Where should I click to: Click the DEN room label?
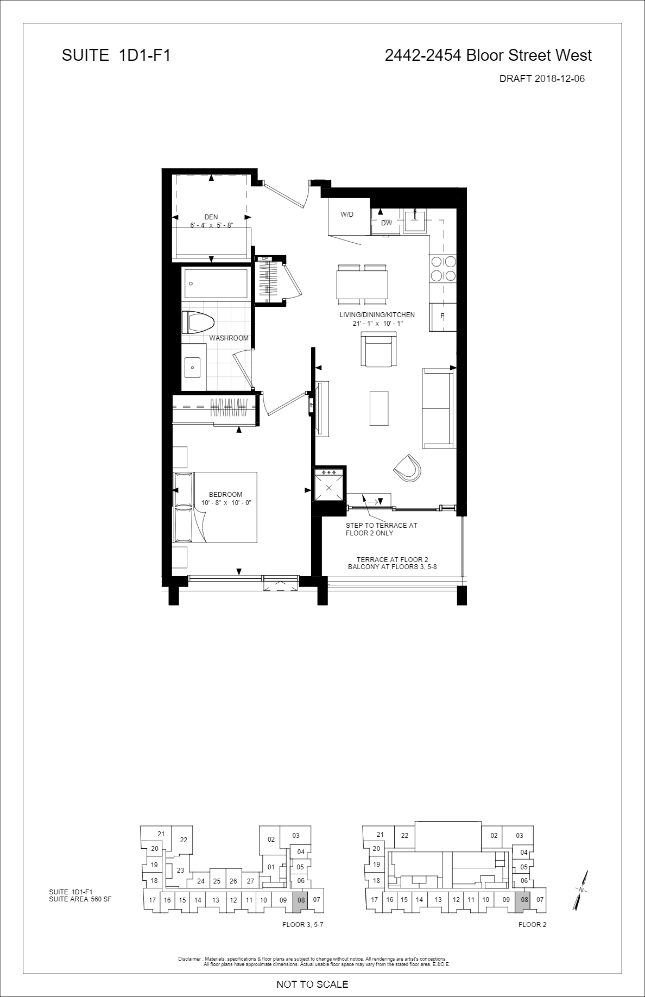click(211, 217)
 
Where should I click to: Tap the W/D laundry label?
click(347, 214)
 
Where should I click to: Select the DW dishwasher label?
click(387, 223)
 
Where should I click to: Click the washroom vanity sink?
click(192, 367)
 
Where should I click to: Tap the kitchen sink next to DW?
click(416, 220)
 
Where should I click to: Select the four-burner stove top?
click(443, 268)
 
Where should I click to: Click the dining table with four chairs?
click(362, 284)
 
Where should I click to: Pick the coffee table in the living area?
click(379, 408)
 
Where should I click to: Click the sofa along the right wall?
click(438, 408)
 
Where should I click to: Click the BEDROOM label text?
click(226, 495)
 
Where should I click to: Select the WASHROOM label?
click(229, 338)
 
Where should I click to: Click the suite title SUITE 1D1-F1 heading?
click(116, 55)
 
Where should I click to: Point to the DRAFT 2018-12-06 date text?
click(542, 79)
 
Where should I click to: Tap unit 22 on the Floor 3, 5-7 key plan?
click(184, 840)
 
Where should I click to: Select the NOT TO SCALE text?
click(312, 984)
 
